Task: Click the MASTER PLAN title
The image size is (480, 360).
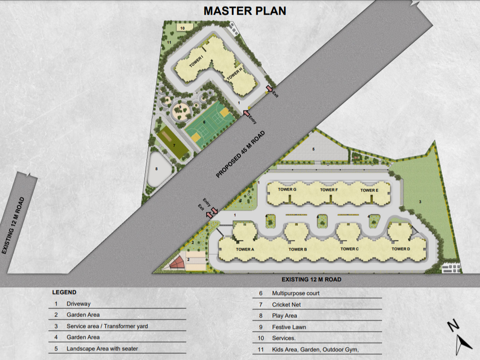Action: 245,11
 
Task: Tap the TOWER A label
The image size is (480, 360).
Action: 245,249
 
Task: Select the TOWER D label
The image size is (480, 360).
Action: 401,249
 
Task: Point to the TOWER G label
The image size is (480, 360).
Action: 287,190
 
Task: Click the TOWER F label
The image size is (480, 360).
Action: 329,190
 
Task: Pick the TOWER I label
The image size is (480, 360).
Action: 196,61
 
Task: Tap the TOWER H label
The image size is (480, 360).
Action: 235,74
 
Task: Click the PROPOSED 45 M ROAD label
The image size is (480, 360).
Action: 240,154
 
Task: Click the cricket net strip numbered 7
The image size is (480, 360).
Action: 172,143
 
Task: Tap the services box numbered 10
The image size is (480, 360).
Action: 185,27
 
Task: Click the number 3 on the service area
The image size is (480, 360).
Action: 420,202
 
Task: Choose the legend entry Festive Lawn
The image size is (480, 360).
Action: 289,327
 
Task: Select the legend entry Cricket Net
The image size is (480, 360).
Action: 286,305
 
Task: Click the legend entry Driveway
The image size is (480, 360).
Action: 79,304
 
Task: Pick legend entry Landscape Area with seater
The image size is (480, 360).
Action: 102,349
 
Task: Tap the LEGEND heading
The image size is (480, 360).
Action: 64,292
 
